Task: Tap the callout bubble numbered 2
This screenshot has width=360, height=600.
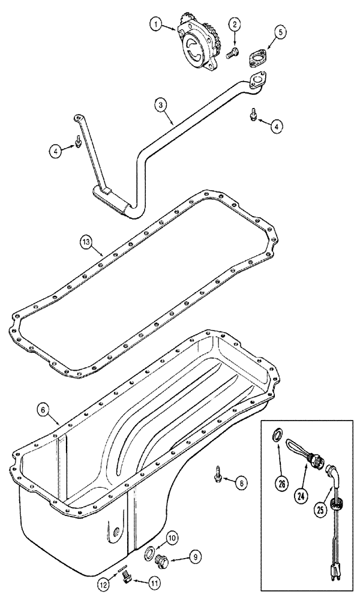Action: pos(235,25)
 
